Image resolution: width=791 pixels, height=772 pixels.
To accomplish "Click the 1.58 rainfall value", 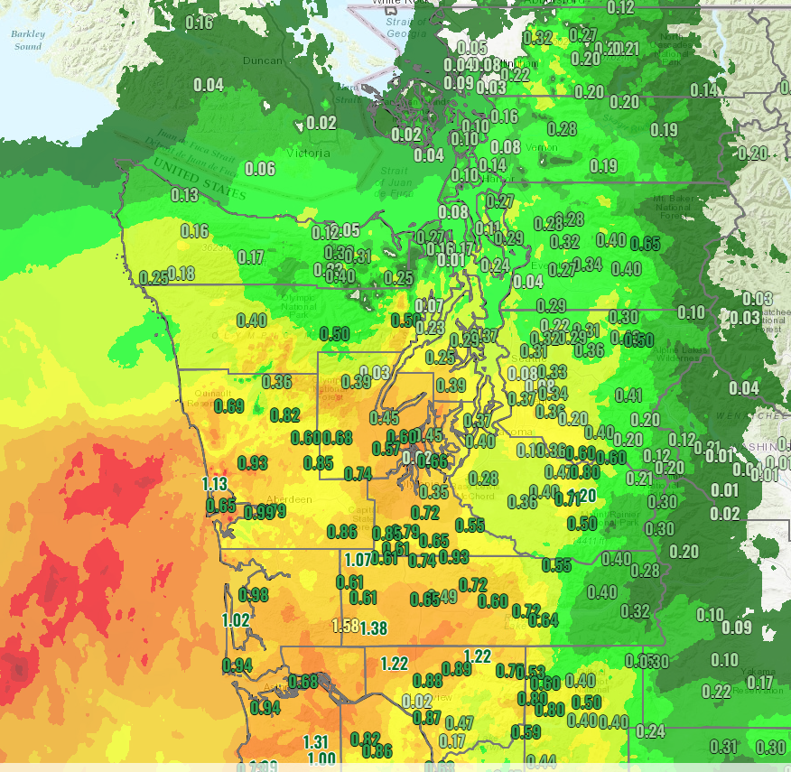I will pyautogui.click(x=346, y=626).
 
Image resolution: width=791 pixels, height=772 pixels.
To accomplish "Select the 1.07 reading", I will pyautogui.click(x=358, y=559).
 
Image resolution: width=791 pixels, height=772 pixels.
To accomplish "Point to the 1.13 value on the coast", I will pyautogui.click(x=215, y=483).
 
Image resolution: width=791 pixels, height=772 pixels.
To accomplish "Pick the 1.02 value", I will pyautogui.click(x=236, y=620).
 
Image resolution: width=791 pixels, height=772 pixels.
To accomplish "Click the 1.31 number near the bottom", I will pyautogui.click(x=316, y=742).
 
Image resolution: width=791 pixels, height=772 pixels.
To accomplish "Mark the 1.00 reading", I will pyautogui.click(x=322, y=759).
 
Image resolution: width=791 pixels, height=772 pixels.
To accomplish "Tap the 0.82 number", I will pyautogui.click(x=284, y=414).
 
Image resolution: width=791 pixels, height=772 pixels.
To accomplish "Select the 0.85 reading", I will pyautogui.click(x=318, y=462).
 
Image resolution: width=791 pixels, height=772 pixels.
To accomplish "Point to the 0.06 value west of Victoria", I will pyautogui.click(x=260, y=169).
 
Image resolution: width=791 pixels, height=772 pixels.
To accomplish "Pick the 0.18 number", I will pyautogui.click(x=181, y=274).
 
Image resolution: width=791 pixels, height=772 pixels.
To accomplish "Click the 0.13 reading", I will pyautogui.click(x=184, y=195).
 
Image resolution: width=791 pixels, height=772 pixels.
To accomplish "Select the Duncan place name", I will pyautogui.click(x=263, y=60).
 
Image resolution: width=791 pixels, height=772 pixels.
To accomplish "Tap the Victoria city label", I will pyautogui.click(x=311, y=153).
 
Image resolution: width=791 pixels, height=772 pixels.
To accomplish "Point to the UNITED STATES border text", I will pyautogui.click(x=199, y=179).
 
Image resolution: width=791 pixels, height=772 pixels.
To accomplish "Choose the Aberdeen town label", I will pyautogui.click(x=288, y=499).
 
